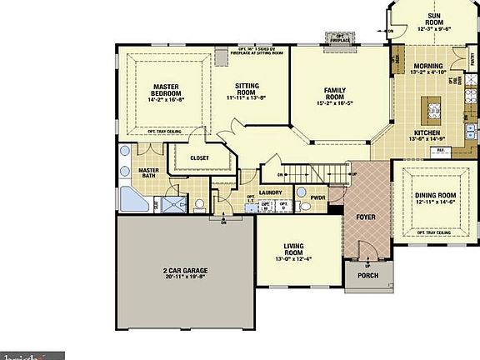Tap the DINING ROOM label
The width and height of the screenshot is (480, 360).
coord(434,196)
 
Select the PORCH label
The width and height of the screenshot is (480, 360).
coord(367,275)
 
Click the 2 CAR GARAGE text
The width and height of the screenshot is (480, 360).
coord(185,271)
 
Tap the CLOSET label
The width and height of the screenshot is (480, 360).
coord(199,157)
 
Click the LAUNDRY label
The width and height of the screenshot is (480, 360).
coord(271,192)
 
